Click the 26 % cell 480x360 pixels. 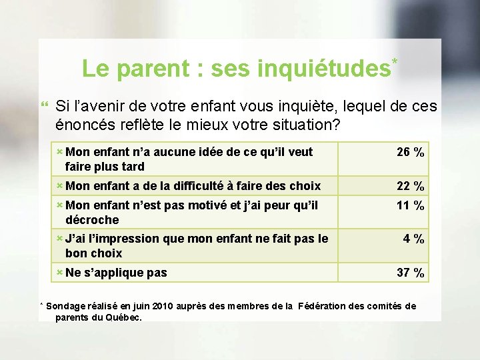(410, 153)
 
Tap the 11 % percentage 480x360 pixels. (410, 206)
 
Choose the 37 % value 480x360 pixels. (410, 273)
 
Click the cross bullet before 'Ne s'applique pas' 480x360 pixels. (59, 272)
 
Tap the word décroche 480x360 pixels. (92, 220)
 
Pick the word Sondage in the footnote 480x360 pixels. (66, 307)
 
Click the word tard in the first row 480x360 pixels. (132, 167)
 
